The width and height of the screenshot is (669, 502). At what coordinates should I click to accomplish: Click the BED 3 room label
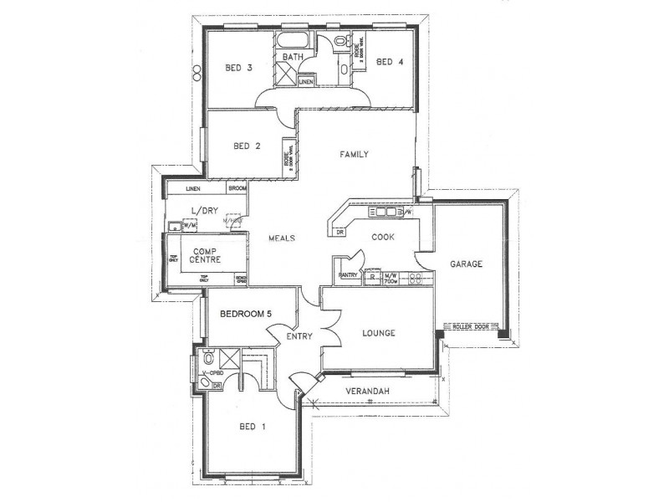(x=238, y=69)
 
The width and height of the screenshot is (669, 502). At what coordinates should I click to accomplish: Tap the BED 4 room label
(x=390, y=61)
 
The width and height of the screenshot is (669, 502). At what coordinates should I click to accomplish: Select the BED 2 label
(x=247, y=146)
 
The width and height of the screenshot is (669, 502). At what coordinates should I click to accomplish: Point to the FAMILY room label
(x=354, y=155)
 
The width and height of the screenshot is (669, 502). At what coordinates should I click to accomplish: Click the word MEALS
(x=281, y=238)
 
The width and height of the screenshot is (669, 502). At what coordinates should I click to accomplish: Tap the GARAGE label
(x=467, y=264)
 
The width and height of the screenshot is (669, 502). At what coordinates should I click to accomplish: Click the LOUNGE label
(x=378, y=333)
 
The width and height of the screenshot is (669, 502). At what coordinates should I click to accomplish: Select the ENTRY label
(x=299, y=336)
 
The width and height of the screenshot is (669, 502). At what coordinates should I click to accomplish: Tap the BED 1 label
(x=252, y=427)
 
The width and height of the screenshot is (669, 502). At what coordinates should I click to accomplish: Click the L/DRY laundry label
(x=204, y=211)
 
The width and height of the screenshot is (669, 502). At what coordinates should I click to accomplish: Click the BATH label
(x=292, y=57)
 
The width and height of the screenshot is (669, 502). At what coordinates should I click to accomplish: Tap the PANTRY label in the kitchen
(x=349, y=274)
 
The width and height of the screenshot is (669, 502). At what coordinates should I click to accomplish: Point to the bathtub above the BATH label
(x=293, y=41)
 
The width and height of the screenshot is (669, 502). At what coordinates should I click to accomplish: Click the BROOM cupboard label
(x=237, y=189)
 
